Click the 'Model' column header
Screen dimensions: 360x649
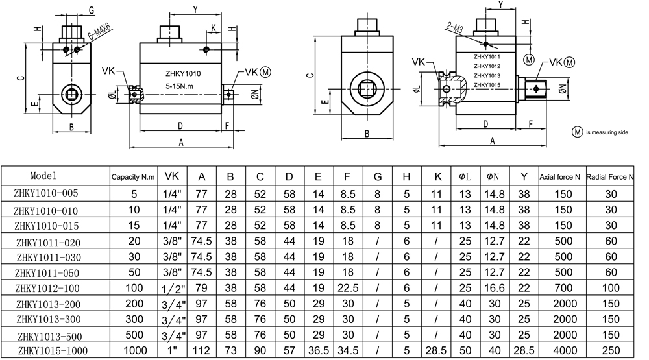pyautogui.click(x=43, y=176)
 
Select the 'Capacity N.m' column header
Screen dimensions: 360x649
pyautogui.click(x=133, y=176)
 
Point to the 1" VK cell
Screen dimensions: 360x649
pyautogui.click(x=172, y=350)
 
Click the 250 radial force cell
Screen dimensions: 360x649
pyautogui.click(x=610, y=350)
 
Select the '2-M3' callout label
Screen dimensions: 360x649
pyautogui.click(x=454, y=27)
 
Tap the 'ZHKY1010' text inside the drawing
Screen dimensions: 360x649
pyautogui.click(x=183, y=75)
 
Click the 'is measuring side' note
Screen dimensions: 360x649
pyautogui.click(x=606, y=132)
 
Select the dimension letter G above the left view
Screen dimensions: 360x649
pyautogui.click(x=92, y=10)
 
